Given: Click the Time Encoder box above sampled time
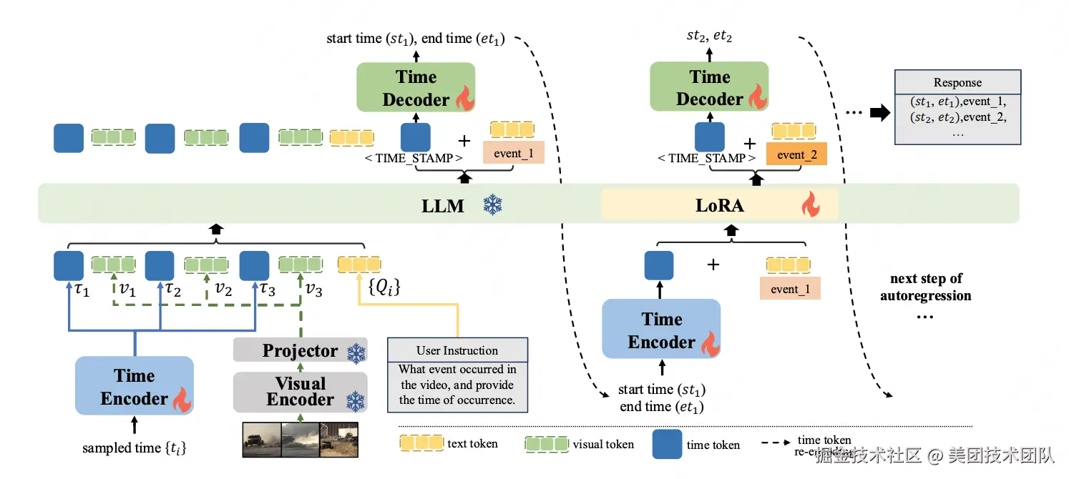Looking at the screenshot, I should pyautogui.click(x=135, y=387).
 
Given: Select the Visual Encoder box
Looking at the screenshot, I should pyautogui.click(x=300, y=392).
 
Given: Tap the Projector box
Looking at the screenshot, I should pyautogui.click(x=300, y=351).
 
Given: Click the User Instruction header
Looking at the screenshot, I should pyautogui.click(x=457, y=350).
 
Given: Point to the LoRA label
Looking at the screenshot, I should pyautogui.click(x=719, y=206).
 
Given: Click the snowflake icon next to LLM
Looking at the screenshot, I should pyautogui.click(x=493, y=206).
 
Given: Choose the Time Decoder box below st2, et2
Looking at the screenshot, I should pyautogui.click(x=709, y=88).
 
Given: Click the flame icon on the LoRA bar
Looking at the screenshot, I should pyautogui.click(x=810, y=206).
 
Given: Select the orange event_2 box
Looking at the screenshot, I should pyautogui.click(x=796, y=154).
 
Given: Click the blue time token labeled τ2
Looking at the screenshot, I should pyautogui.click(x=160, y=265).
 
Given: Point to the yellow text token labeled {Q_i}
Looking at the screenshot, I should pyautogui.click(x=359, y=265).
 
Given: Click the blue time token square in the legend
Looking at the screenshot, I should pyautogui.click(x=667, y=444).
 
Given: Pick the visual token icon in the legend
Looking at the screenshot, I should pyautogui.click(x=546, y=444).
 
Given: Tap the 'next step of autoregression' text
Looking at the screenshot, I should pyautogui.click(x=925, y=287).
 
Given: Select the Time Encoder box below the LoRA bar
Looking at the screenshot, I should pyautogui.click(x=661, y=330).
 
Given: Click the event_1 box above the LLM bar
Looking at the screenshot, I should pyautogui.click(x=513, y=153).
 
